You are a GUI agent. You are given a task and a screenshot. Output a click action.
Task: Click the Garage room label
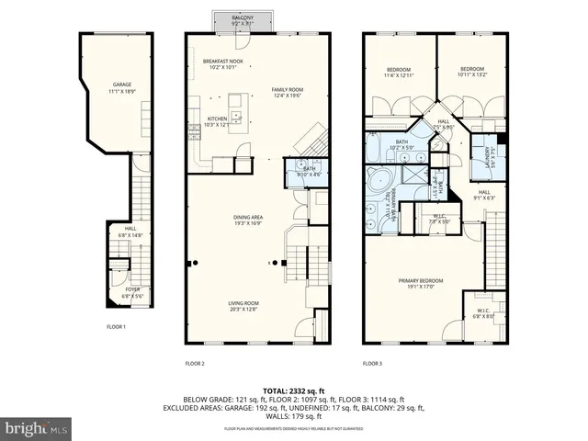pos(122,87)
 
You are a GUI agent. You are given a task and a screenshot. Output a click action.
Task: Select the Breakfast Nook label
pos(222,63)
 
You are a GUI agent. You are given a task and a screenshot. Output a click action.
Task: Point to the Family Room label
pos(287,93)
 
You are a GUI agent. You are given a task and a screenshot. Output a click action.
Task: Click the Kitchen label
pos(217,121)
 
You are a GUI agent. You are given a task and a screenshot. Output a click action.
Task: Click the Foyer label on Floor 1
pos(133,293)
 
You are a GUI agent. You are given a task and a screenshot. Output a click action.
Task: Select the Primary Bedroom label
pos(421,283)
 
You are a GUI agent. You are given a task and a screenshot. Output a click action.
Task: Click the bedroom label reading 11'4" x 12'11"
pos(398,72)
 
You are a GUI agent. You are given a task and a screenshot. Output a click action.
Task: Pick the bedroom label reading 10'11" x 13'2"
pos(471,72)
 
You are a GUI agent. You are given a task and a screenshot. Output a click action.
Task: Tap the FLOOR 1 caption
pos(116,327)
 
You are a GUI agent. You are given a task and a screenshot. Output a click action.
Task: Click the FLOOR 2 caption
pos(195,364)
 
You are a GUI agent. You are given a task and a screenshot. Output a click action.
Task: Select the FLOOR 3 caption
pos(372,364)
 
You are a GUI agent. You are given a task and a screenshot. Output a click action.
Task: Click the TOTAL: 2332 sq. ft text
pos(294,391)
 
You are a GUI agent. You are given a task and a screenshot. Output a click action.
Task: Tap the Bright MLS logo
pos(37,428)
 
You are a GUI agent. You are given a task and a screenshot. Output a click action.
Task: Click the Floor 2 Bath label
pos(300,170)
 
